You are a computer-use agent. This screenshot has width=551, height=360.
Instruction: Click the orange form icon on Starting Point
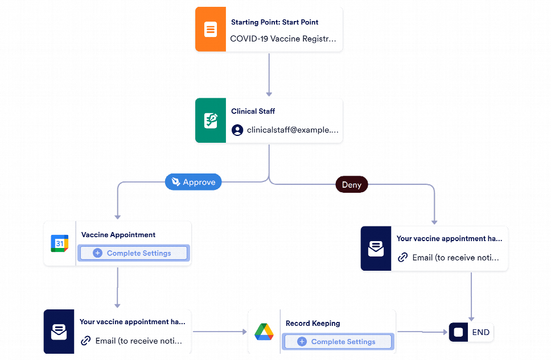coord(211,30)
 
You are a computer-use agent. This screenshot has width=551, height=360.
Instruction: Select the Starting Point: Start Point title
coord(274,22)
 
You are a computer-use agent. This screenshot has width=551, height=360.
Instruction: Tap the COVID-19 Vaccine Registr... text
coord(283,39)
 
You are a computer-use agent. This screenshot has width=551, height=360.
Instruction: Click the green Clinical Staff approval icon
coord(211,121)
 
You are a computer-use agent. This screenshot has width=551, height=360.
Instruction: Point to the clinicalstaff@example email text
coord(293,130)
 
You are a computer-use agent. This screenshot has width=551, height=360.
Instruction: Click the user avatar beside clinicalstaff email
coord(237,130)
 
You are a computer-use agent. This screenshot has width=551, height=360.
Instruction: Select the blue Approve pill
coord(194,182)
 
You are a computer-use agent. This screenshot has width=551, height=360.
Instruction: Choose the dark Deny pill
coord(351,185)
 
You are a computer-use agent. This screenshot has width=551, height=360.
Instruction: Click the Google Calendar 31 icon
coord(59,243)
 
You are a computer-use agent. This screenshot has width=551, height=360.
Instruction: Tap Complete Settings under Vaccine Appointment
coord(133,253)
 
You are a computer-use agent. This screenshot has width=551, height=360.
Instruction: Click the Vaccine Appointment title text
coord(118,234)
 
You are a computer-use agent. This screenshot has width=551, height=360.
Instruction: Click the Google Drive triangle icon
coord(264,332)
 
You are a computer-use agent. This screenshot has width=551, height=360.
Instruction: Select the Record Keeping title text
coord(313,323)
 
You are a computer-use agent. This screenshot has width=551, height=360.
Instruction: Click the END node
coord(471,333)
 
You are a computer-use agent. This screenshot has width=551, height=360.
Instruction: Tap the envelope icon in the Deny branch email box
coord(376,249)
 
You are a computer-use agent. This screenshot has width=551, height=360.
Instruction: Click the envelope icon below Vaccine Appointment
coord(59,332)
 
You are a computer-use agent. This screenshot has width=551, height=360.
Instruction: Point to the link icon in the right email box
coord(403,258)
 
